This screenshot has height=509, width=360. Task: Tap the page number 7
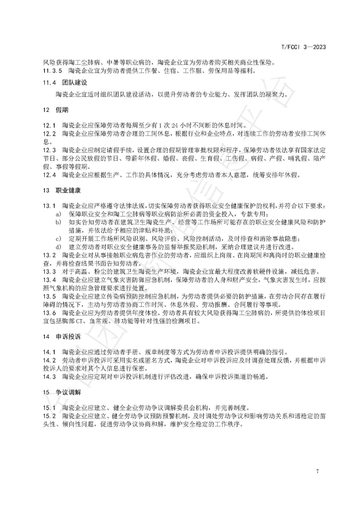(317, 471)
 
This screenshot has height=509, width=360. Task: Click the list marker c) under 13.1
(58, 238)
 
